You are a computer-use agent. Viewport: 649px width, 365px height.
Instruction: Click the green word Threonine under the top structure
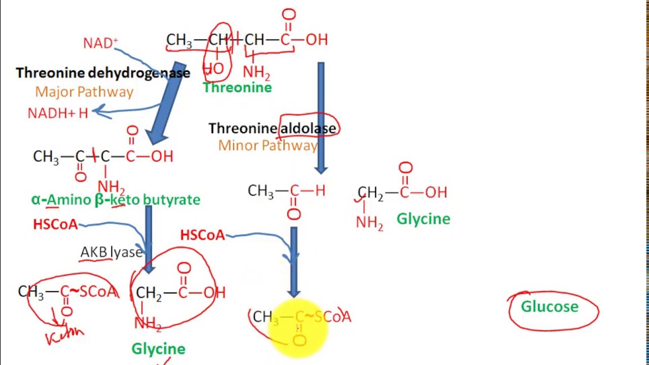pos(237,88)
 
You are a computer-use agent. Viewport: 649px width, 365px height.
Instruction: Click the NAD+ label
pos(100,43)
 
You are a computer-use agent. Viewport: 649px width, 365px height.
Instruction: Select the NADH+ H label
pos(58,113)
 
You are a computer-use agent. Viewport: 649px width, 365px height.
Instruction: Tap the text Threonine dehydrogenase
pos(103,73)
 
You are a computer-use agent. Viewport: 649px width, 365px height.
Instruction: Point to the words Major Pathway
pos(84,92)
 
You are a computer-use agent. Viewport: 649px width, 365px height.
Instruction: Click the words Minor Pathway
pos(267,145)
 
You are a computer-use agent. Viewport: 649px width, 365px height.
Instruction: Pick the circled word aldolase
pos(308,128)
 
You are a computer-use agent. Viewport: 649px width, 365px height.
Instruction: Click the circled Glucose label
pos(550,307)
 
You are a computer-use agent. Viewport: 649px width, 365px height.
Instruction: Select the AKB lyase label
pos(112,252)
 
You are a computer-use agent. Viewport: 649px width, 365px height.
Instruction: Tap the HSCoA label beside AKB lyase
pos(55,224)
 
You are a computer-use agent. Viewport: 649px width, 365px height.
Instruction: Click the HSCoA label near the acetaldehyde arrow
pos(202,235)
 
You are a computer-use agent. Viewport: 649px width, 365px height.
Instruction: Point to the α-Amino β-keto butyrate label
pos(116,199)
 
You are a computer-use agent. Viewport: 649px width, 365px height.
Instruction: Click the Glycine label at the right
pos(423,219)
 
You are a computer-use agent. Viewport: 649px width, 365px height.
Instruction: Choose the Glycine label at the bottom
pos(158,349)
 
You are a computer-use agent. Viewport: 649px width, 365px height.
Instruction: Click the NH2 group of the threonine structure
pos(256,72)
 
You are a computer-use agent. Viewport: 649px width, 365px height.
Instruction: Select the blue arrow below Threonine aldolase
pos(321,117)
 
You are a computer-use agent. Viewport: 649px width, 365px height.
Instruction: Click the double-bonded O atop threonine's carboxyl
pos(289,15)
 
